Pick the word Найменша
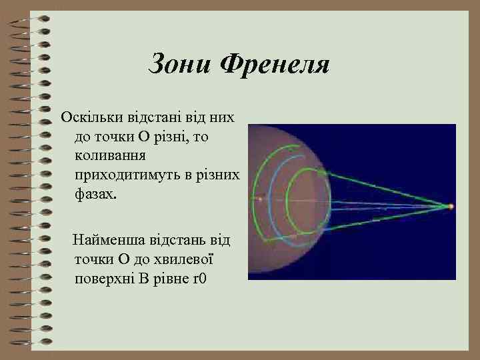pos(107,238)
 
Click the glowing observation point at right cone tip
pos(451,207)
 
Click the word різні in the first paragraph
pos(177,137)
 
